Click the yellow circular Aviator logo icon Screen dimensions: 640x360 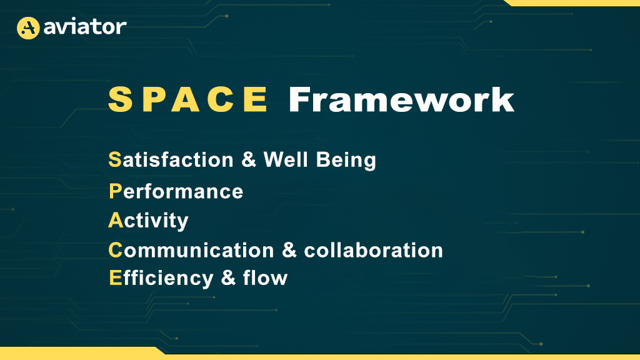(28, 27)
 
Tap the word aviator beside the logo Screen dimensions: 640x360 (85, 27)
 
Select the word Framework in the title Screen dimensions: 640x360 (401, 99)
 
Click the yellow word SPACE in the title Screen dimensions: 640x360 (188, 99)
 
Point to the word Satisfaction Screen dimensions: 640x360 (171, 159)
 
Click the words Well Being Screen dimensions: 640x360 (319, 159)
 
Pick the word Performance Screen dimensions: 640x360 (176, 191)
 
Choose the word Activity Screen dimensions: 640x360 (148, 221)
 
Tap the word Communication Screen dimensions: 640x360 (191, 250)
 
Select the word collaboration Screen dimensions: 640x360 (374, 250)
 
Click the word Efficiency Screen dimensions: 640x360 (161, 279)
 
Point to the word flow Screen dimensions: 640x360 (265, 278)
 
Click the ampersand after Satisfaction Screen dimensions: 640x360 (249, 159)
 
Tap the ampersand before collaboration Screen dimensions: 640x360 (289, 250)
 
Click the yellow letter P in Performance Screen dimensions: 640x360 (116, 191)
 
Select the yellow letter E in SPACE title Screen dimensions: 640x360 (256, 99)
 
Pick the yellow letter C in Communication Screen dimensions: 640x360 (116, 250)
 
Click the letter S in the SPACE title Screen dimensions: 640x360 (121, 99)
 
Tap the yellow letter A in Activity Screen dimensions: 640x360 (116, 221)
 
